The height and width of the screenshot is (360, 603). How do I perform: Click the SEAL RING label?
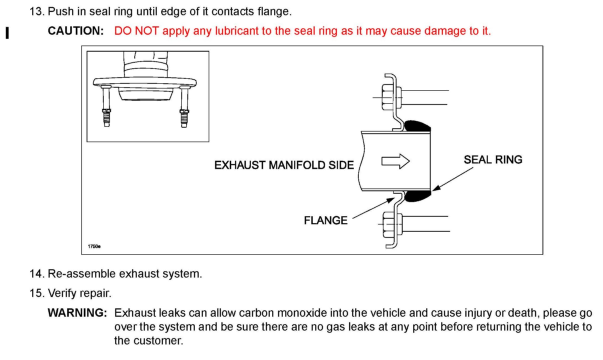click(493, 160)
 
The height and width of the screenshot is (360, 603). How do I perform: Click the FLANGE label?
click(326, 220)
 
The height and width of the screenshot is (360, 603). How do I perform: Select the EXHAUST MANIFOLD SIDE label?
click(284, 165)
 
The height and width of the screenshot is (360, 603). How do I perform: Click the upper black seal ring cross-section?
click(417, 126)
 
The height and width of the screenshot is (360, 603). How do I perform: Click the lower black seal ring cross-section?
click(417, 196)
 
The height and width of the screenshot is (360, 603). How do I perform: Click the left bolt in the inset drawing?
click(106, 107)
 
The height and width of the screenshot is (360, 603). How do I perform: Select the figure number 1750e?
click(94, 246)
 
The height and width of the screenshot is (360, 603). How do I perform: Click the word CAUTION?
click(76, 31)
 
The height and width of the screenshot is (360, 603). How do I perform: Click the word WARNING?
click(77, 313)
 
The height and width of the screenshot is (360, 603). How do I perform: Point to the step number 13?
click(37, 12)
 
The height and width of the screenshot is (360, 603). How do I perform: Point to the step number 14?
click(37, 274)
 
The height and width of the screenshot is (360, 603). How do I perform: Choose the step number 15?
click(37, 293)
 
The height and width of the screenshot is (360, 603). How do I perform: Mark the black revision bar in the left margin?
click(7, 33)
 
